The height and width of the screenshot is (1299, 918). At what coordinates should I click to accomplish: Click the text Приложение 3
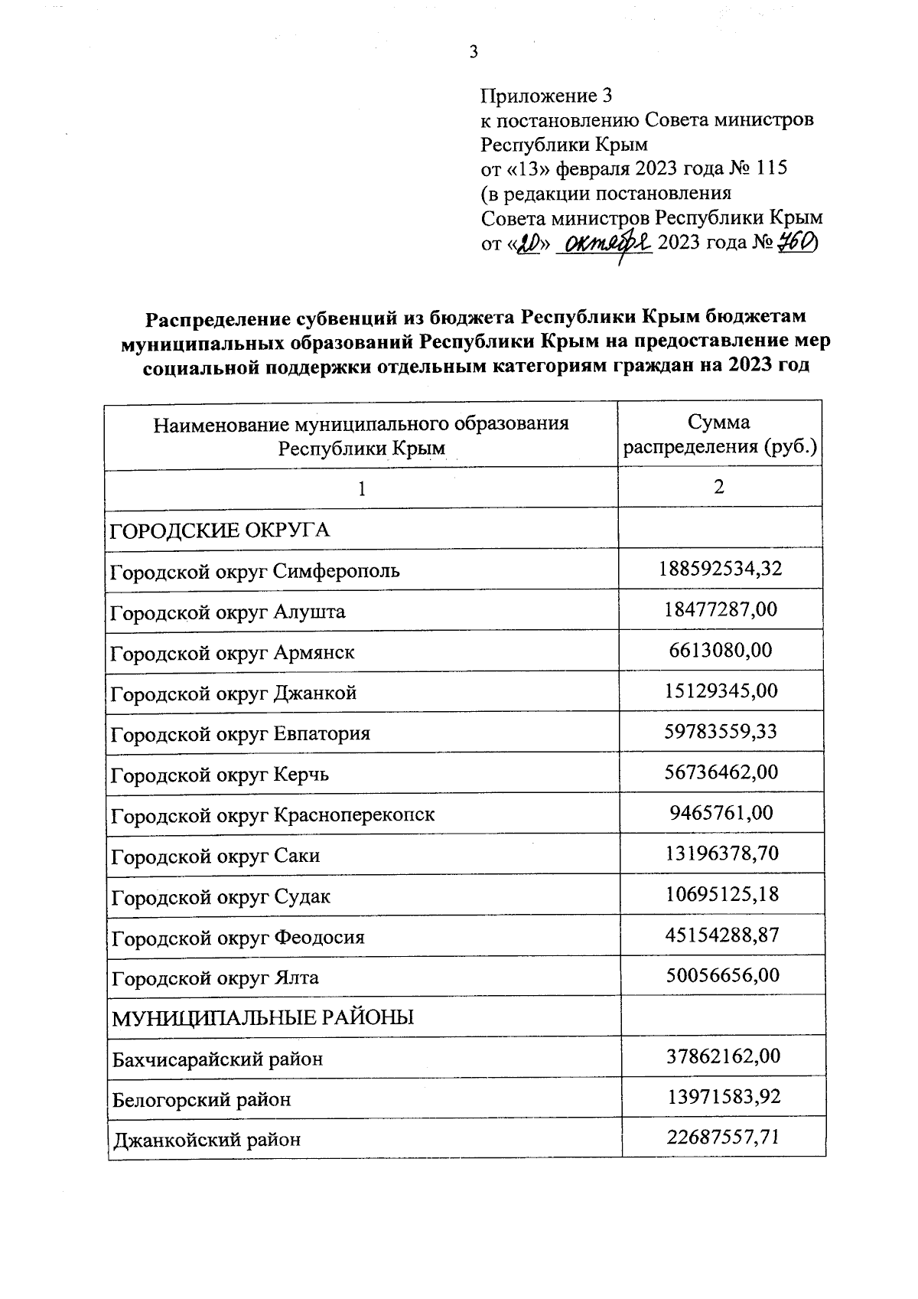tap(546, 96)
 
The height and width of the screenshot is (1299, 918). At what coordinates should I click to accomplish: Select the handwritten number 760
tap(796, 243)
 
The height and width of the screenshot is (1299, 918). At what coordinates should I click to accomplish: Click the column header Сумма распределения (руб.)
tap(719, 434)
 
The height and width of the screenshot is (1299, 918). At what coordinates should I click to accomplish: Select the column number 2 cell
tap(719, 488)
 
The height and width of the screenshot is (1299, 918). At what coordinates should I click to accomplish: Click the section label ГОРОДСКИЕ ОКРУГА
tap(220, 530)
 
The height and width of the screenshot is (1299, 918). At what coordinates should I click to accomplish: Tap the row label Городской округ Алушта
tap(227, 612)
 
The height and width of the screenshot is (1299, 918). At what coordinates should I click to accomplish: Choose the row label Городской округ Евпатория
tap(240, 734)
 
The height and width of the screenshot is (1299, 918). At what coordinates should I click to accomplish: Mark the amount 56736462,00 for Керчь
tap(721, 772)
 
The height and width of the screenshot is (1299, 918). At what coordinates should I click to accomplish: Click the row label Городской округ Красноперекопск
tap(272, 814)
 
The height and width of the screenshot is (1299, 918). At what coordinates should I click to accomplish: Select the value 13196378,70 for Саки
tap(721, 853)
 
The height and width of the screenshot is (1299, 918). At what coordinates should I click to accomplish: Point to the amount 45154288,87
tap(721, 935)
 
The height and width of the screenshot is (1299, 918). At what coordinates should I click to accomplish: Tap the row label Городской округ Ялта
tap(215, 978)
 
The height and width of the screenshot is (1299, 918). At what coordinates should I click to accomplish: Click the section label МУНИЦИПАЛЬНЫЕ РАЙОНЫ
tap(262, 1018)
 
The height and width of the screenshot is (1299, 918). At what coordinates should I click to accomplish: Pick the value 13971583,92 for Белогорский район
tap(724, 1098)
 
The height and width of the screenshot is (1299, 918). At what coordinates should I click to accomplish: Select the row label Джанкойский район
tap(207, 1140)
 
